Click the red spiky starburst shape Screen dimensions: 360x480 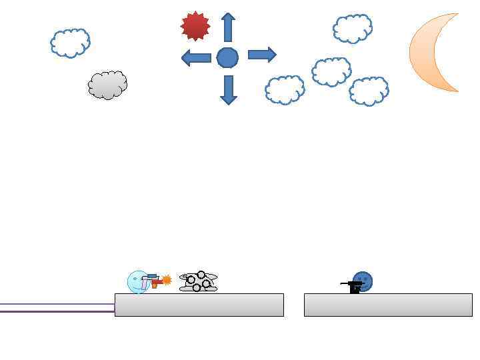click(x=195, y=26)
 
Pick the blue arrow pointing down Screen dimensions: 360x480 click(x=229, y=89)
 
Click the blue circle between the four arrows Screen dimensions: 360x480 click(x=227, y=57)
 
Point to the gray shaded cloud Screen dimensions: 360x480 click(x=107, y=85)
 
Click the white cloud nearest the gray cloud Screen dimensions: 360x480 click(x=70, y=43)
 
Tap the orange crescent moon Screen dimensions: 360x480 click(x=430, y=52)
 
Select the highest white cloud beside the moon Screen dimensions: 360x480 click(x=352, y=29)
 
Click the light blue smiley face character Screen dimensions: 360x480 click(x=137, y=282)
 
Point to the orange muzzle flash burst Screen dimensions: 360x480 click(x=167, y=280)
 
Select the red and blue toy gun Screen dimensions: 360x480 click(x=153, y=281)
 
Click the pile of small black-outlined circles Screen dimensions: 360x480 click(x=198, y=282)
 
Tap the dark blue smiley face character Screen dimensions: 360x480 click(x=363, y=281)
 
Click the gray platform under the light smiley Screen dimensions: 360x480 click(x=199, y=305)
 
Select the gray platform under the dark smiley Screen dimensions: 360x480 click(x=388, y=305)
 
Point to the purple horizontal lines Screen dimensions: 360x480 click(x=57, y=307)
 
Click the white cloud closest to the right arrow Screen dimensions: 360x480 click(x=285, y=90)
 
